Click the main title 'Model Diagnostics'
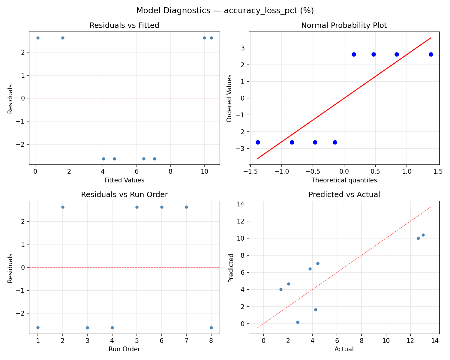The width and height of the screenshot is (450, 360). click(x=225, y=10)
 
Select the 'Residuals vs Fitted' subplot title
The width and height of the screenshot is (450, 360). click(x=124, y=25)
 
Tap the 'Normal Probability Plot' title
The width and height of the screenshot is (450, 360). click(x=344, y=25)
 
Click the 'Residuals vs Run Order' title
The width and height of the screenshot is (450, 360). click(x=124, y=195)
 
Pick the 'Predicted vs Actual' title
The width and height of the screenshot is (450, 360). click(x=344, y=195)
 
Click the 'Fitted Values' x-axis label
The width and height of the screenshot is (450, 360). click(x=124, y=180)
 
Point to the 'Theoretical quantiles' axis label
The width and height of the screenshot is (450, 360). click(x=344, y=180)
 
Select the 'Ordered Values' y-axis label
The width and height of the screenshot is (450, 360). click(x=229, y=98)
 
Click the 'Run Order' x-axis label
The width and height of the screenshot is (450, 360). click(x=124, y=349)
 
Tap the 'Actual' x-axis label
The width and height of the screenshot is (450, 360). click(x=344, y=349)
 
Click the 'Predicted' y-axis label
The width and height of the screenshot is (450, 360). click(x=231, y=268)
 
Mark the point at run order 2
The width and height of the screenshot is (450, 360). click(x=63, y=207)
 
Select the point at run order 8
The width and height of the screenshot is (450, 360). click(x=211, y=328)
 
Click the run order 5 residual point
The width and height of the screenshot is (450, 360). click(x=137, y=207)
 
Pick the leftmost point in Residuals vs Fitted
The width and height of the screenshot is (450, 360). click(x=38, y=38)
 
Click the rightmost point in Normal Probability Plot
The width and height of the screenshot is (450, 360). click(x=431, y=54)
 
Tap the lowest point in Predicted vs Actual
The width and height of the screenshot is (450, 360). click(x=298, y=322)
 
